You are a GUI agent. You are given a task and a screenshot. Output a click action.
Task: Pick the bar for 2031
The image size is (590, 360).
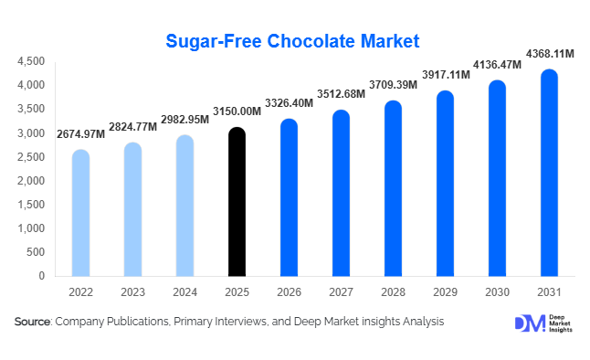[x=549, y=173]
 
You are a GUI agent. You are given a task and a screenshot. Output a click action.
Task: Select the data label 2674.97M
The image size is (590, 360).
[x=80, y=135]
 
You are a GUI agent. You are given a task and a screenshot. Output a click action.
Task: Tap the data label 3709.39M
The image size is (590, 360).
[x=393, y=85]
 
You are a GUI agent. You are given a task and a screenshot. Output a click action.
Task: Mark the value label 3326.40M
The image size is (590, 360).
[x=289, y=104]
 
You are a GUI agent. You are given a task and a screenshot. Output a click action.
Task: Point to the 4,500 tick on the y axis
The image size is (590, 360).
[x=31, y=61]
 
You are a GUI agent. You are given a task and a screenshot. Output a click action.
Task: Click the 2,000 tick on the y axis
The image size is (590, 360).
[x=31, y=181]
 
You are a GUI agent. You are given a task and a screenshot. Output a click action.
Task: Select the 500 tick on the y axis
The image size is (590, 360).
[x=37, y=252]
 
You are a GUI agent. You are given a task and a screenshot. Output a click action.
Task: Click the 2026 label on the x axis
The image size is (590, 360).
[x=289, y=292]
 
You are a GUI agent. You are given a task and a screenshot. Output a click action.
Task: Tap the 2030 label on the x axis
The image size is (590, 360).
[x=497, y=292]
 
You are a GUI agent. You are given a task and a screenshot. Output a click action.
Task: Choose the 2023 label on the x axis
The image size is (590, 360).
[x=132, y=292]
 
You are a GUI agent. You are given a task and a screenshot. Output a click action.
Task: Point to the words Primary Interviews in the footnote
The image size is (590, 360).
[x=206, y=322]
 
